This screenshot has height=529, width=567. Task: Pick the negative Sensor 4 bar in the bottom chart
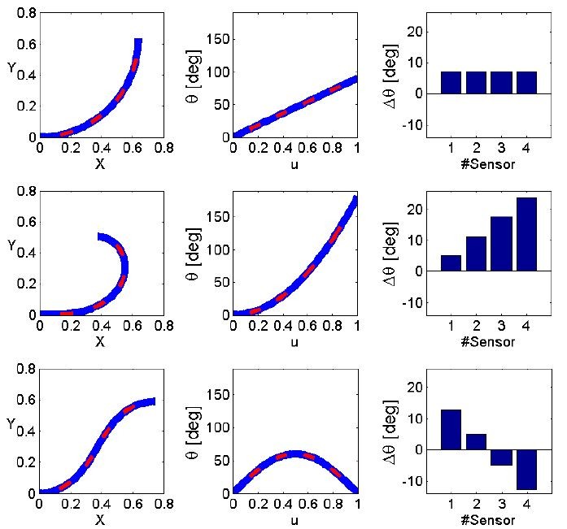point(526,469)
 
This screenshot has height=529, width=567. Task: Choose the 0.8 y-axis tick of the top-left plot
point(24,14)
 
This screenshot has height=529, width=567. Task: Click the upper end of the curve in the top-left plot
point(137,42)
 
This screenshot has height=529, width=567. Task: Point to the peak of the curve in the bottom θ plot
point(295,454)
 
